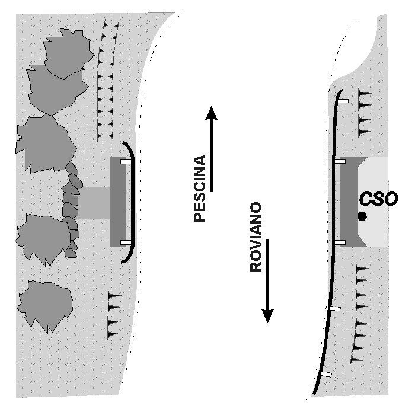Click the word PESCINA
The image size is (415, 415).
pos(200,189)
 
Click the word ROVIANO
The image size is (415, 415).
pos(256,237)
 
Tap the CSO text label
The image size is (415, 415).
pos(379,199)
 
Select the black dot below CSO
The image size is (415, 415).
pos(362,217)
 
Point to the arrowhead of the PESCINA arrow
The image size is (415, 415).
pos(212,113)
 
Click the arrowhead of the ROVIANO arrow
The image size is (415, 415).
pos(267,316)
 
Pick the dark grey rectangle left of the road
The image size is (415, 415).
pos(118,202)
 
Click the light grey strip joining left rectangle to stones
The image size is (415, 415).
pos(94,203)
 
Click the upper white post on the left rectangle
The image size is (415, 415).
pos(126,162)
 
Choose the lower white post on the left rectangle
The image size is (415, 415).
pos(126,242)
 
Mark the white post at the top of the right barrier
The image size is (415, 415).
pos(343,101)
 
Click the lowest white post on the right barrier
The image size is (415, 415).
pos(326,374)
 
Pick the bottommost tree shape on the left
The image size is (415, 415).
pos(44,307)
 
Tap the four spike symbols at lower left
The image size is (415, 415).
pos(114,314)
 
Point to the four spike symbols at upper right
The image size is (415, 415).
pos(365,113)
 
